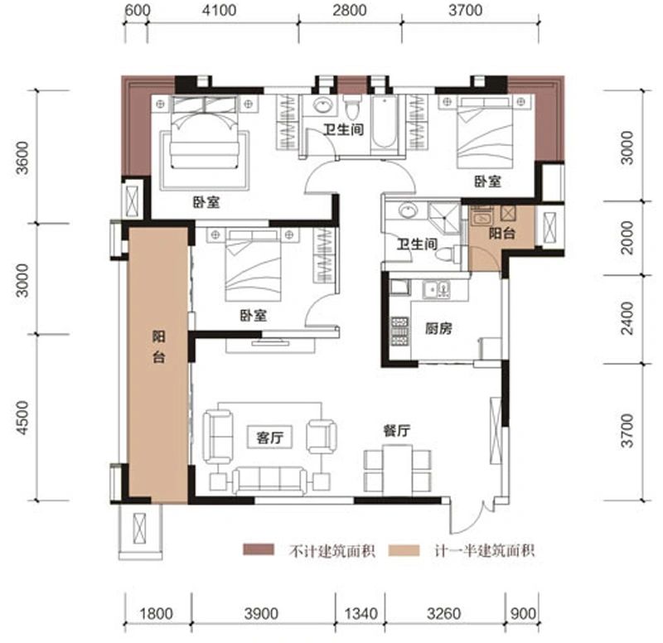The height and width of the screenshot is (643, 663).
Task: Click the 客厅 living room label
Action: (x=269, y=438)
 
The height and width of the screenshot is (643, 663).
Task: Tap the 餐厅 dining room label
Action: (x=397, y=430)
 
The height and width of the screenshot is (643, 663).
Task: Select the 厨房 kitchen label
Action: (x=438, y=328)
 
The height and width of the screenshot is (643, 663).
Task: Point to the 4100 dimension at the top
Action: (x=219, y=9)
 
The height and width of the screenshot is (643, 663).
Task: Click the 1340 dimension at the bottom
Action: (x=361, y=613)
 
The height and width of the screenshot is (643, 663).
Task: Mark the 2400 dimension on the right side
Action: (x=627, y=318)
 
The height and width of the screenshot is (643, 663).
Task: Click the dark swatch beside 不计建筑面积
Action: (x=259, y=549)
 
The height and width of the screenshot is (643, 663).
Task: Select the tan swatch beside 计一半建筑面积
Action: (x=404, y=550)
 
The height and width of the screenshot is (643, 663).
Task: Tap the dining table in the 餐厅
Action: (x=398, y=469)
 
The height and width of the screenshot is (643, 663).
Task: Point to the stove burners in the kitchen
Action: (x=399, y=331)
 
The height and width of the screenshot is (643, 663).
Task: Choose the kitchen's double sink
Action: (x=437, y=289)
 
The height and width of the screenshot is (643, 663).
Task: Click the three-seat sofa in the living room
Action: (x=270, y=481)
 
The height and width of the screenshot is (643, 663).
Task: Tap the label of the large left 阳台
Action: (x=159, y=347)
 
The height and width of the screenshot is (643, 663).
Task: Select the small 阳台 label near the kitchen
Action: (x=501, y=233)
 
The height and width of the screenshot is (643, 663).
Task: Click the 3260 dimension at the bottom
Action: (x=443, y=613)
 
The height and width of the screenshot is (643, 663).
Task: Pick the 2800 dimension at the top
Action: (x=349, y=9)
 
